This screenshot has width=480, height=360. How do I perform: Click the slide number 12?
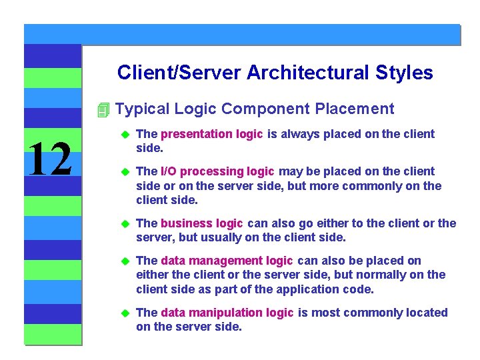[x=51, y=161]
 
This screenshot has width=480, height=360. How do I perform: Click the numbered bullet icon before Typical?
[x=102, y=109]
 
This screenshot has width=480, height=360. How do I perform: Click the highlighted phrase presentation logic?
[x=212, y=134]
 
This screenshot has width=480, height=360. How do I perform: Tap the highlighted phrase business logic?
[x=202, y=223]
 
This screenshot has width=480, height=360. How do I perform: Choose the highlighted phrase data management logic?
[x=227, y=261]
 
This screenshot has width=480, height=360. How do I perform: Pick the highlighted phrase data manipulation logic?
[x=227, y=313]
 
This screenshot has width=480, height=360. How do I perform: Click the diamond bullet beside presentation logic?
[x=123, y=135]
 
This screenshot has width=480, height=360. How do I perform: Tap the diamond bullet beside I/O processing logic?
[x=123, y=172]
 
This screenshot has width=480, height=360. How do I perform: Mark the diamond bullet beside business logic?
[x=123, y=224]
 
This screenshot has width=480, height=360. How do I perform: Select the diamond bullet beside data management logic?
[x=123, y=261]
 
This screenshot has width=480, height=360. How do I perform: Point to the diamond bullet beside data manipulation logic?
[x=123, y=313]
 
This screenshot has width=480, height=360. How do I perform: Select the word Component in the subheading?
[x=265, y=109]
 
